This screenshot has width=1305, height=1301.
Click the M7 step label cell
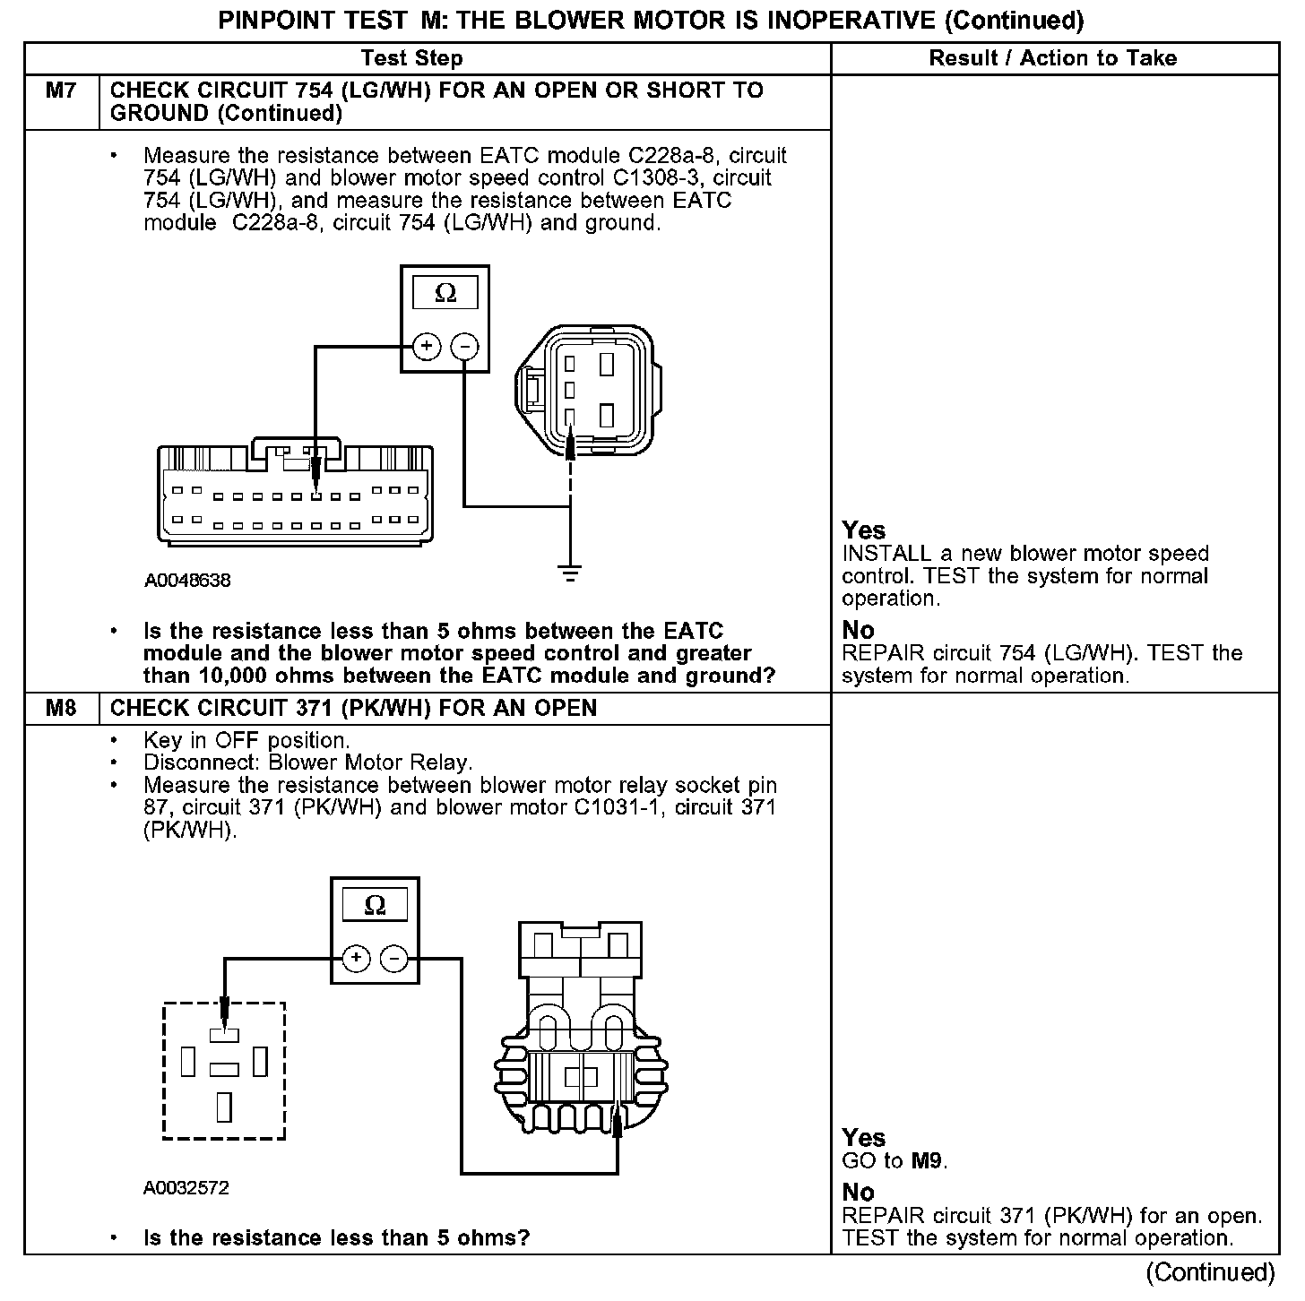point(61,90)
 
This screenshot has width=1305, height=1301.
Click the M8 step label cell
point(61,709)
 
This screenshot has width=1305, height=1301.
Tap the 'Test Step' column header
point(411,59)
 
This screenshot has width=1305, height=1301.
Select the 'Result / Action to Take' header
point(1053,59)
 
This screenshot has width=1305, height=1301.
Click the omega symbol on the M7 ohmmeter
point(445,293)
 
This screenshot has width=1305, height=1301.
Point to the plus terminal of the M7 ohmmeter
point(427,346)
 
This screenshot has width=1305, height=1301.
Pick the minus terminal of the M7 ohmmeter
point(464,346)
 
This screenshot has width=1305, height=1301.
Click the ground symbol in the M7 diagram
point(570,573)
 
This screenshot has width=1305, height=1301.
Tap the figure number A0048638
point(187,581)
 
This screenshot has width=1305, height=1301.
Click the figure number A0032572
point(186,1188)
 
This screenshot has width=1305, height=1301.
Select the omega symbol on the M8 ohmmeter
point(375,905)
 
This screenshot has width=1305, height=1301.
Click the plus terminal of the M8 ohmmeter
point(357,959)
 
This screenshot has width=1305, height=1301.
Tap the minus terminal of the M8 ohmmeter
point(394,959)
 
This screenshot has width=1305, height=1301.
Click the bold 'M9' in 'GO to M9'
point(928,1161)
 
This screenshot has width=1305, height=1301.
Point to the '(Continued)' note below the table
point(1209,1272)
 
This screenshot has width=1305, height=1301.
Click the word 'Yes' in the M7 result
point(863,530)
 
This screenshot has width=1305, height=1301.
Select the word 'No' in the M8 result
point(858,1193)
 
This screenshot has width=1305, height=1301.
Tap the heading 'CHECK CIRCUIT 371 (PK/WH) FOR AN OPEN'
point(353,709)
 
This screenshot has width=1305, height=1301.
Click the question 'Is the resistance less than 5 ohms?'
point(336,1238)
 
